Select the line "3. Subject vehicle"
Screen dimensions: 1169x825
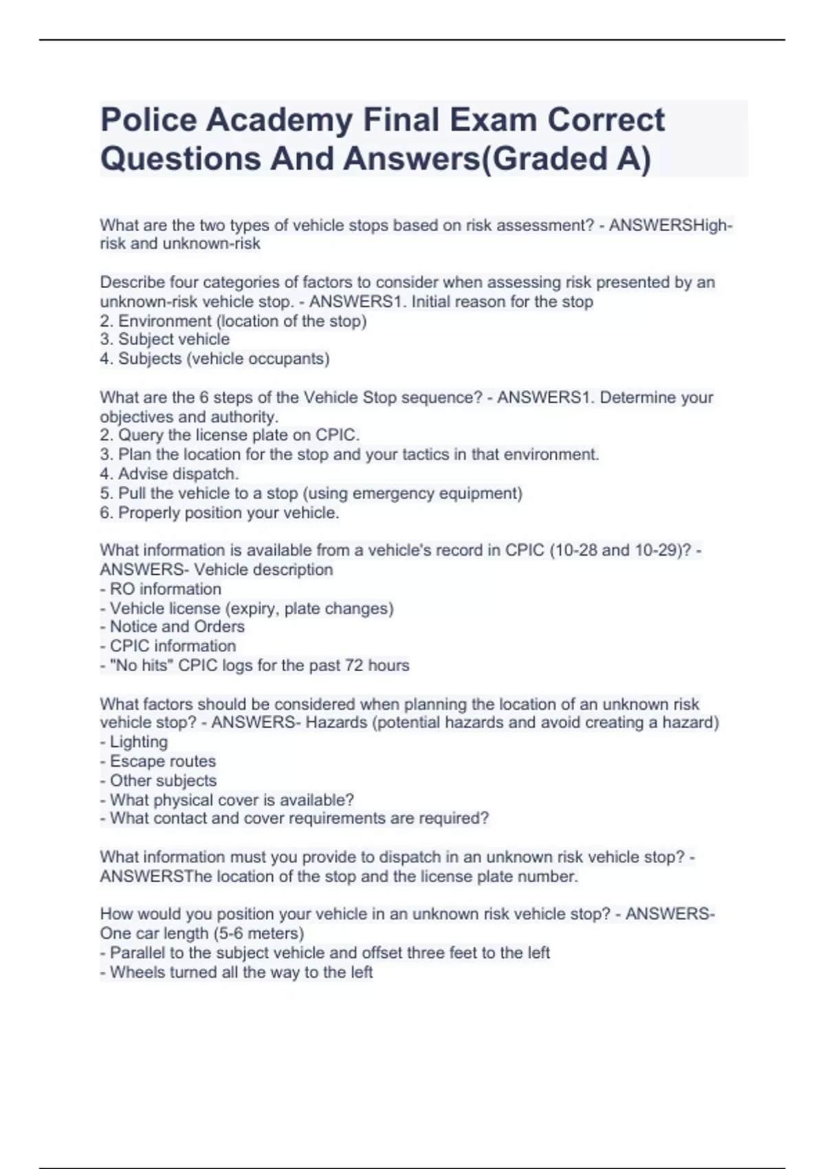[164, 340]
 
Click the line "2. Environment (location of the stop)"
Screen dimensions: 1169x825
[233, 321]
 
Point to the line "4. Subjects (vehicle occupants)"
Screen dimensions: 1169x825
[214, 359]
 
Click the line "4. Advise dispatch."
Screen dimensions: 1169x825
[169, 474]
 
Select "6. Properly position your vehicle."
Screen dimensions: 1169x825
[219, 513]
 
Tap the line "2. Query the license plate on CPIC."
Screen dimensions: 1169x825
[230, 435]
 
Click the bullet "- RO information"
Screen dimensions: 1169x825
[161, 589]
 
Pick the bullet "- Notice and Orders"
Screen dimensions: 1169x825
[172, 627]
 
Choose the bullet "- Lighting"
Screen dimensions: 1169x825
[133, 742]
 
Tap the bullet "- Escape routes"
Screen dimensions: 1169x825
[157, 761]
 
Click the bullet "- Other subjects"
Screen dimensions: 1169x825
[158, 780]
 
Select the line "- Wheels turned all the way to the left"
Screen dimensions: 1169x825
[236, 972]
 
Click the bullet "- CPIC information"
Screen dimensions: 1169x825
[168, 646]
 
